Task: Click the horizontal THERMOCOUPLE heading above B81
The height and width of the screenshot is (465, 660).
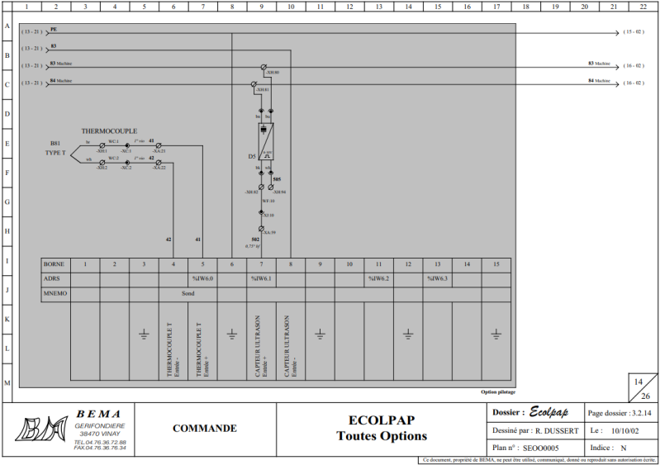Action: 109,131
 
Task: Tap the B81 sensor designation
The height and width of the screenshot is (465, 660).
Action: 55,144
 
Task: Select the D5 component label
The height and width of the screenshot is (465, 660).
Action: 252,156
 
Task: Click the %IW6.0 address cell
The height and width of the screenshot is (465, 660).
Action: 203,279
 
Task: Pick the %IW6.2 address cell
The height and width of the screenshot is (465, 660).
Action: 378,279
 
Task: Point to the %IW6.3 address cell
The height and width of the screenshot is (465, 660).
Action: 437,279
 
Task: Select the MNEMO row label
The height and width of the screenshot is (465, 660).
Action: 56,293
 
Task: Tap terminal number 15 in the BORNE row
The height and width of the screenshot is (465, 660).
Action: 496,264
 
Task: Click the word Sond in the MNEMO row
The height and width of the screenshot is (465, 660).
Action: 188,293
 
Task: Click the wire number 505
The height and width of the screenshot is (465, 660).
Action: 277,179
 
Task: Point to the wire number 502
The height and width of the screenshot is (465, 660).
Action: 255,240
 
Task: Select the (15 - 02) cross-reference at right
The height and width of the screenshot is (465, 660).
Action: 634,33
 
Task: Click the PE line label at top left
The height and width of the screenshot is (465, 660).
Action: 54,29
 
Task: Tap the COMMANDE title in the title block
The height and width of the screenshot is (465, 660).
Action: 204,428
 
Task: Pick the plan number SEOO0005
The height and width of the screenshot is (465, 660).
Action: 542,448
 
